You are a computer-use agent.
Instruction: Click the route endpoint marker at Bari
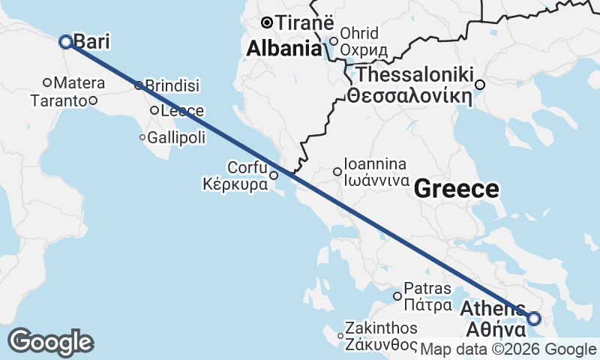(65, 42)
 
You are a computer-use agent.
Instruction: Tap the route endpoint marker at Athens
(533, 319)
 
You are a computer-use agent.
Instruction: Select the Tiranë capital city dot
(265, 22)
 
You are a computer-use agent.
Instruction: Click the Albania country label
(285, 49)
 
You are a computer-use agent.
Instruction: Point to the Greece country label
(457, 189)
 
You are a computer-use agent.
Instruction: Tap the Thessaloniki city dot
(480, 85)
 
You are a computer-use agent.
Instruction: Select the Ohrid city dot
(334, 41)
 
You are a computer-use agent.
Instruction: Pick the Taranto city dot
(93, 100)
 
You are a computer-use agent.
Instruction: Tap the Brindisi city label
(172, 85)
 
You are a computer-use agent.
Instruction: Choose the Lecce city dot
(154, 110)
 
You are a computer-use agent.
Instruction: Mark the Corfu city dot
(274, 176)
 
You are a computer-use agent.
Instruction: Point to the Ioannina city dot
(337, 172)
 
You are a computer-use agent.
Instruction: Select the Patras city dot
(397, 296)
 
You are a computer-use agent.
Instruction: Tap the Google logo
(50, 342)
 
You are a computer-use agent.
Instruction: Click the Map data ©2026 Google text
(508, 349)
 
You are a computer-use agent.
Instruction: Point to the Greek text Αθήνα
(493, 329)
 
